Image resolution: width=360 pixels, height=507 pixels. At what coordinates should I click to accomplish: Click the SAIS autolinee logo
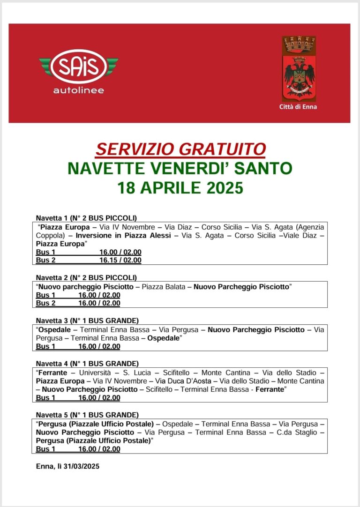coord(79,71)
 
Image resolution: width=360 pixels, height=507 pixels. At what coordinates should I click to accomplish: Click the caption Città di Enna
coord(298,107)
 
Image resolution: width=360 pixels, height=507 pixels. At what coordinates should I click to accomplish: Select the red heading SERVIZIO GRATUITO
coord(180,149)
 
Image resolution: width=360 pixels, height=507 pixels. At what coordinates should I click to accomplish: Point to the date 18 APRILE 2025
coord(180,188)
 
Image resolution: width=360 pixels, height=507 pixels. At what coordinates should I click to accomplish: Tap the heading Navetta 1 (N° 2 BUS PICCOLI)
coord(86,218)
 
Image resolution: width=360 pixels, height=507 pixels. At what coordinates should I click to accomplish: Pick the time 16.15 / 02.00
coord(120,260)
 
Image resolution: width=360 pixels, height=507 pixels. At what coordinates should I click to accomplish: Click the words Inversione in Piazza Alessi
coord(123,236)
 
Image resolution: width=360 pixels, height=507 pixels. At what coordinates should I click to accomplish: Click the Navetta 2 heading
coord(86,277)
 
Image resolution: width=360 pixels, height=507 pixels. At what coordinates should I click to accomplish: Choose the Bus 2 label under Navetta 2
coord(45,303)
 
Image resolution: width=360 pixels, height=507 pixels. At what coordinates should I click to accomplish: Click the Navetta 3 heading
coord(87,321)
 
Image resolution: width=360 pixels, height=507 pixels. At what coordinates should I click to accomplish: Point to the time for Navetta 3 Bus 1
coord(99,347)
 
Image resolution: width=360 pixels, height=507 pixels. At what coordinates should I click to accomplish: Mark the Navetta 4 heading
coord(87,363)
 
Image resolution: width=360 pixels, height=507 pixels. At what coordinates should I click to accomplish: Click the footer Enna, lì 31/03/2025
coord(67,466)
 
